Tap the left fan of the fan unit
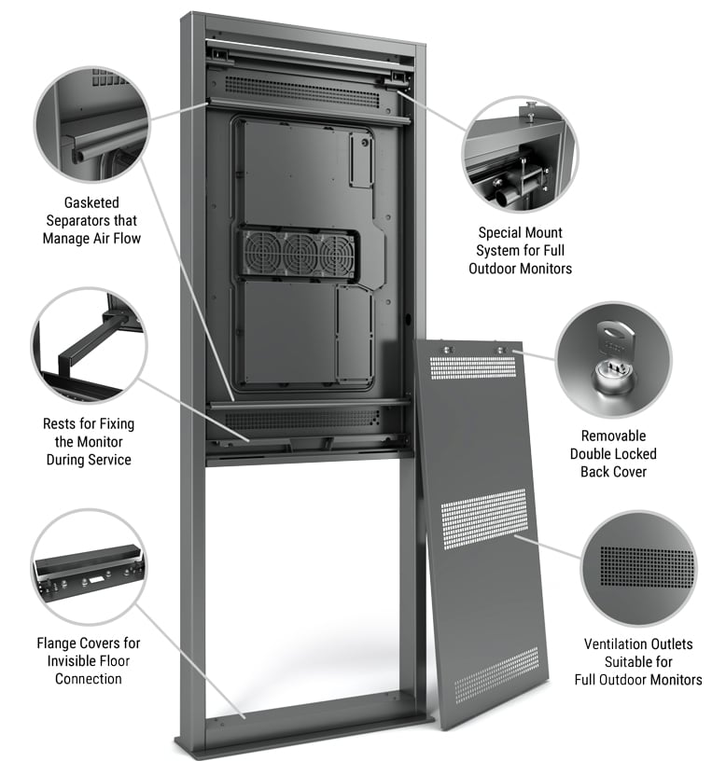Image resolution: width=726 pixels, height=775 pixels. point(260,252)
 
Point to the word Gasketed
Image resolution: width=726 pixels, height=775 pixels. point(91,202)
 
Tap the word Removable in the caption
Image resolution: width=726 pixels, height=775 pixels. point(613,436)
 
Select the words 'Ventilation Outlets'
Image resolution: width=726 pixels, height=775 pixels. point(638,644)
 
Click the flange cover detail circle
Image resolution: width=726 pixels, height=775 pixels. point(89,567)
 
